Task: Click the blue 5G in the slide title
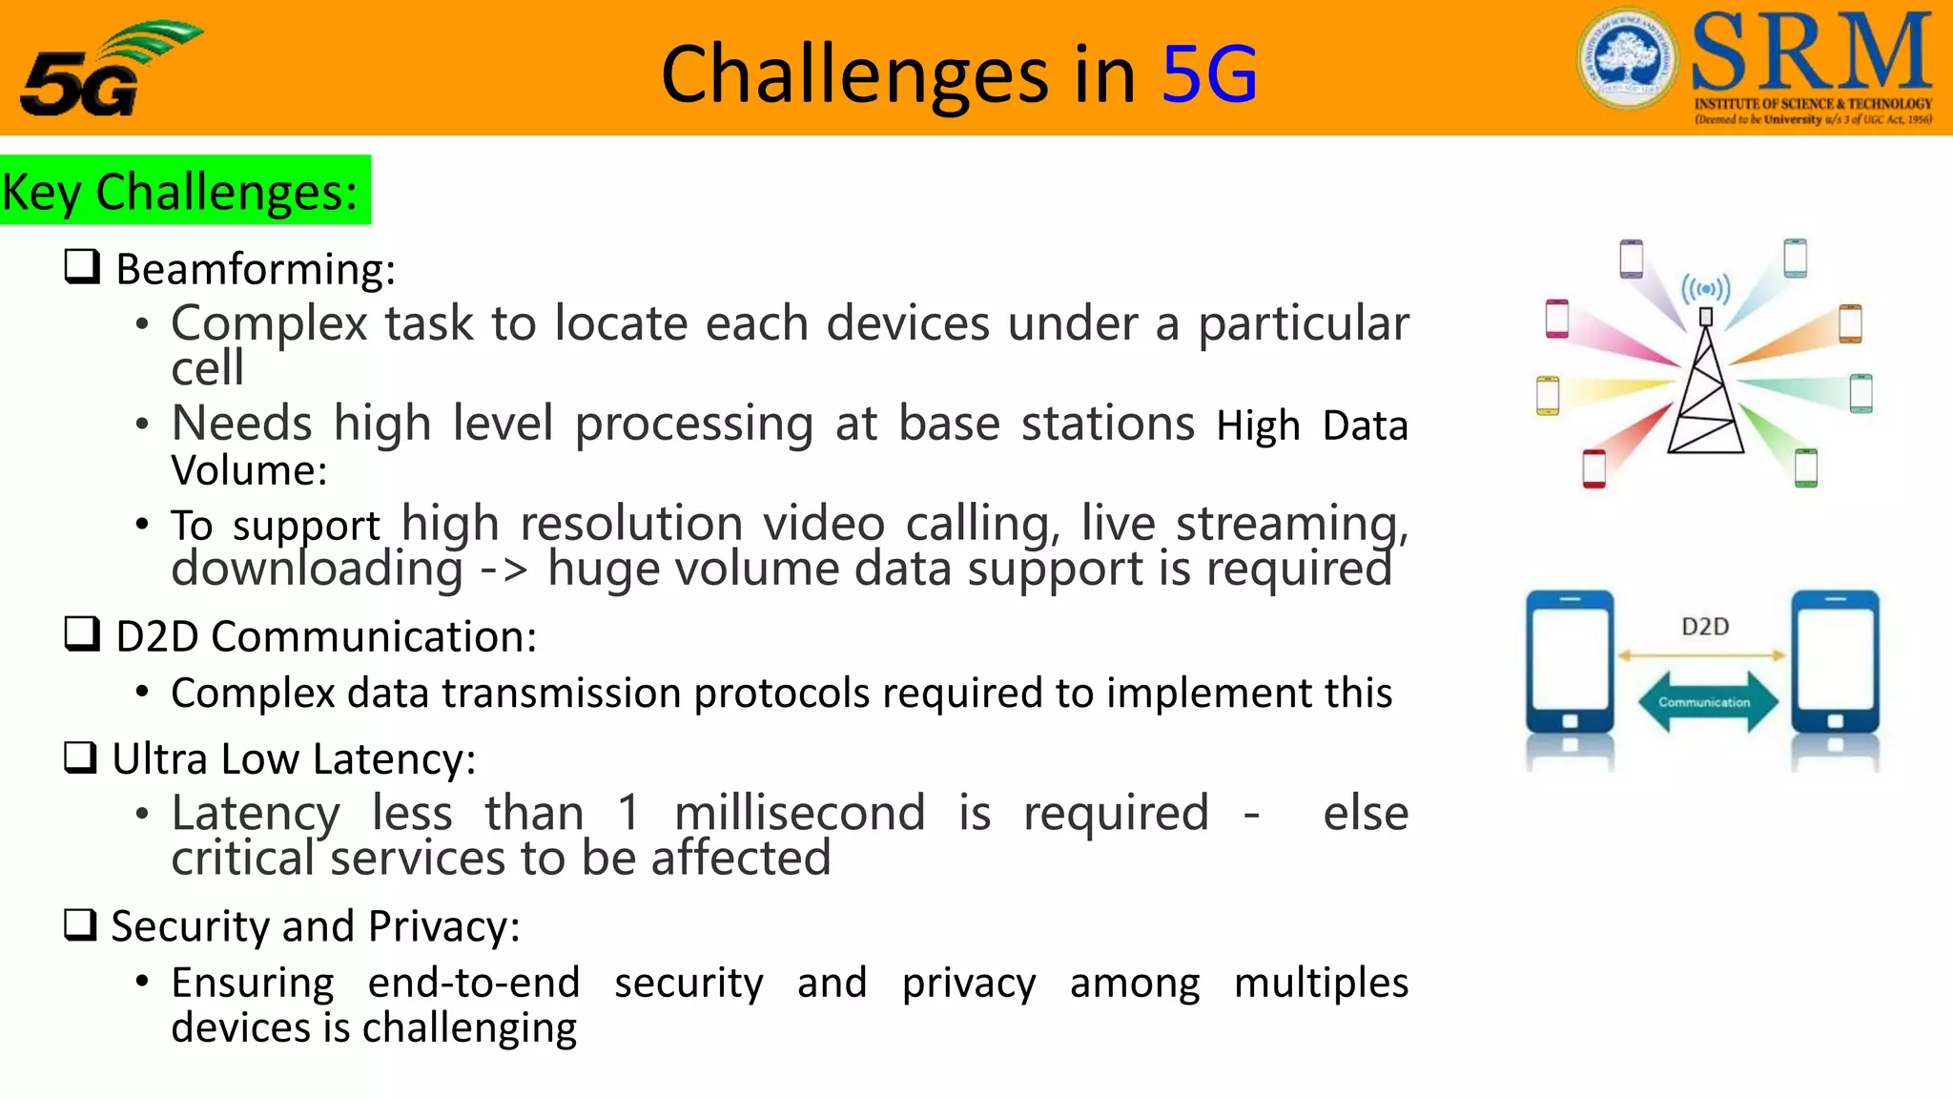(x=1209, y=74)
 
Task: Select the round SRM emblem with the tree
(x=1627, y=58)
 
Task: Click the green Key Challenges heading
(x=181, y=191)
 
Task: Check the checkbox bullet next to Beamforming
(x=82, y=266)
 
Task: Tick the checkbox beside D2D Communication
(x=82, y=633)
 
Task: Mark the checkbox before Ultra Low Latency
(x=81, y=757)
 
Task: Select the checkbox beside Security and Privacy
(x=81, y=924)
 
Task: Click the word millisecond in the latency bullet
(x=799, y=813)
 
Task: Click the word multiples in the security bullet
(x=1320, y=983)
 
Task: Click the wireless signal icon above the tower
(x=1705, y=288)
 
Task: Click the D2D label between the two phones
(x=1705, y=627)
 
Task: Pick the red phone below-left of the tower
(x=1593, y=468)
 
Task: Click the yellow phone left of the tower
(x=1548, y=395)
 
